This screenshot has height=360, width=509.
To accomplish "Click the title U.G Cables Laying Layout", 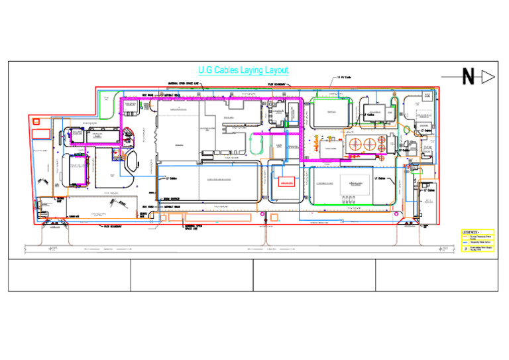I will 243,70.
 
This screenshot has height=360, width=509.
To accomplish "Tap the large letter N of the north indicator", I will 468,78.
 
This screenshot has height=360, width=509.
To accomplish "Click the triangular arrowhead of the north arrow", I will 489,78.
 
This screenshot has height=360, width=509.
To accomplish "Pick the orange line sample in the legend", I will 465,237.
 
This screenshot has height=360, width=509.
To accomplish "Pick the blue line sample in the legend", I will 465,242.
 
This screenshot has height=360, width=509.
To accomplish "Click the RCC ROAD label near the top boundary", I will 148,95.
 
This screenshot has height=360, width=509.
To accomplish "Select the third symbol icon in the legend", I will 465,249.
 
